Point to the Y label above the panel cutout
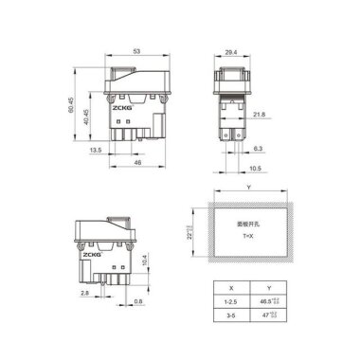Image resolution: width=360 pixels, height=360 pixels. tap(248, 188)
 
